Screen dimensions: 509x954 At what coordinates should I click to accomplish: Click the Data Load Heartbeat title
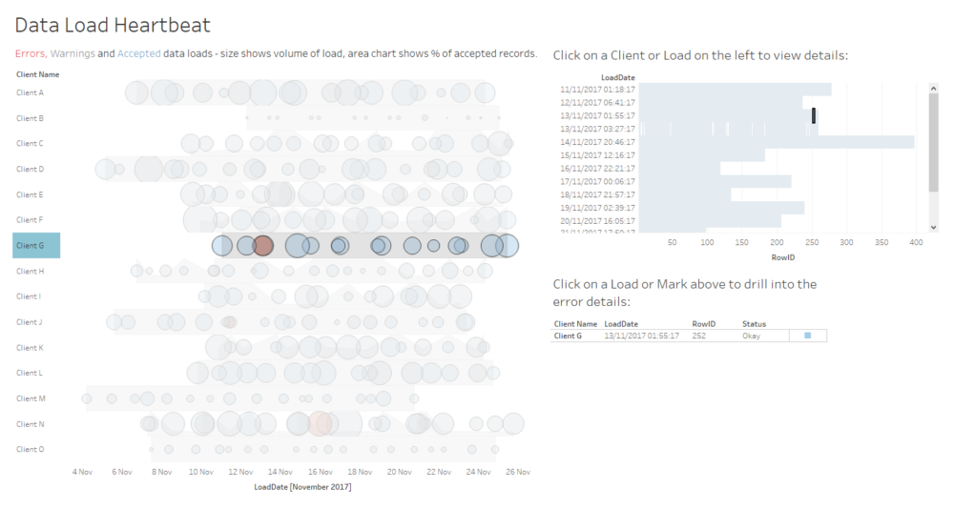pos(113,25)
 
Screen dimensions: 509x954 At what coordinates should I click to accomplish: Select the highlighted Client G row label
pos(36,246)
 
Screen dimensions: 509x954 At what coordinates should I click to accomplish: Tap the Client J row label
pos(30,322)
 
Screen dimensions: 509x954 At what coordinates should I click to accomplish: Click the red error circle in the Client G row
pos(264,246)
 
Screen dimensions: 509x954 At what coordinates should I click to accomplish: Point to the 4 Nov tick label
pos(83,471)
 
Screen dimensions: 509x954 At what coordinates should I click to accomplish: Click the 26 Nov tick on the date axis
pos(518,471)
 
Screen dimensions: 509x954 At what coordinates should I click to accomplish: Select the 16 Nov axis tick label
pos(321,471)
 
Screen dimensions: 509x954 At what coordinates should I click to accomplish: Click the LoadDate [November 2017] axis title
pos(302,487)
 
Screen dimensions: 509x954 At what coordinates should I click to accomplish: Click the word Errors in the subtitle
pos(31,53)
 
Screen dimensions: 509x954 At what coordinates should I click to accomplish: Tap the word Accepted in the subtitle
pos(138,53)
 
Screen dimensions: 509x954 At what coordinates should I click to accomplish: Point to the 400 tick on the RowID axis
pos(916,242)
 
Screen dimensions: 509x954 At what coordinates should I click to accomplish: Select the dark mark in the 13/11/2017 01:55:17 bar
pos(814,115)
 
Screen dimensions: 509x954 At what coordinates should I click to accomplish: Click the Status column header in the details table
pos(754,324)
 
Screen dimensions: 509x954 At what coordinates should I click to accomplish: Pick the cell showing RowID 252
pos(704,336)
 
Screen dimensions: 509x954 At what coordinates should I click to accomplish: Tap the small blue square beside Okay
pos(807,336)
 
